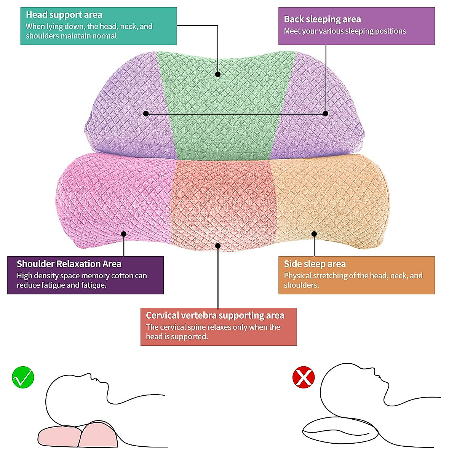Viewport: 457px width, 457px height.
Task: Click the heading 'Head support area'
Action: [x=64, y=15]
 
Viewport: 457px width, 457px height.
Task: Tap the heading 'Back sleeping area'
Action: [x=322, y=19]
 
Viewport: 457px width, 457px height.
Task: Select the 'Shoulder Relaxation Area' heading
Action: [x=69, y=264]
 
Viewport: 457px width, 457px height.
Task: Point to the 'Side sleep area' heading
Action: [x=315, y=264]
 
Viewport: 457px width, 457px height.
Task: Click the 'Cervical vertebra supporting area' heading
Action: [x=215, y=315]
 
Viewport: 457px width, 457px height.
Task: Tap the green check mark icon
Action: [x=23, y=377]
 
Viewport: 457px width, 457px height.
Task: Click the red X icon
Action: [x=304, y=377]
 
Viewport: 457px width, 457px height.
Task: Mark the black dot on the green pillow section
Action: [x=218, y=74]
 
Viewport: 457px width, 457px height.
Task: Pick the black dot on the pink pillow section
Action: [x=124, y=234]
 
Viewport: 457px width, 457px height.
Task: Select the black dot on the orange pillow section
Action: [x=314, y=234]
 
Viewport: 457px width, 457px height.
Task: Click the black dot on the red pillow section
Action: [x=218, y=246]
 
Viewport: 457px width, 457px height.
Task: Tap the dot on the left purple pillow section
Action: [x=146, y=113]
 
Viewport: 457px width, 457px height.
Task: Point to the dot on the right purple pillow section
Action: [x=325, y=113]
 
